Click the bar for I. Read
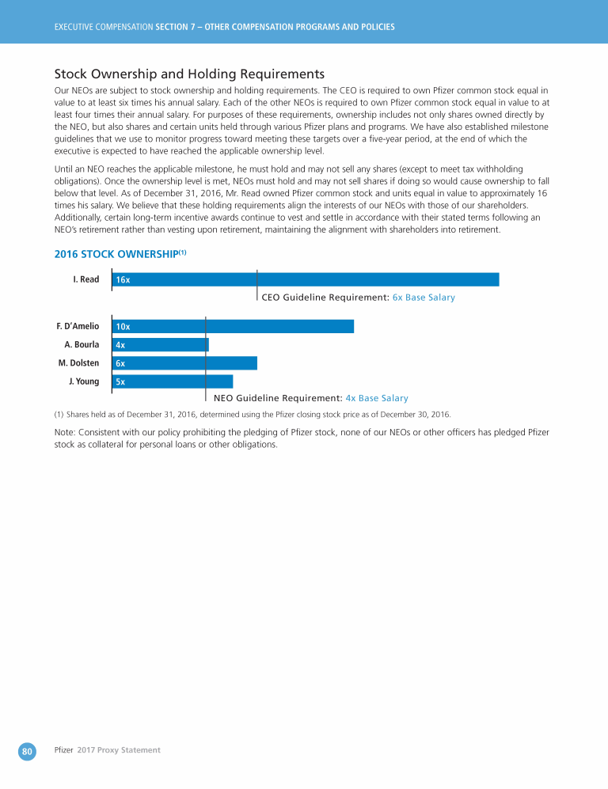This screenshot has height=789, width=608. (306, 279)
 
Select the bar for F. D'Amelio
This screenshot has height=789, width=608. (233, 326)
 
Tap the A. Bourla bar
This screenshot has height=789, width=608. (161, 344)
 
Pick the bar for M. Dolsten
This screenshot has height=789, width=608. (184, 363)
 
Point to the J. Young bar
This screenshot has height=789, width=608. (173, 381)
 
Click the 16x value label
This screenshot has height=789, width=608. (123, 280)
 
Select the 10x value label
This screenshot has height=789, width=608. (123, 327)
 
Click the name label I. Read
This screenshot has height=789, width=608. (85, 279)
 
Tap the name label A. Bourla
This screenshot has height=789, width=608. (82, 344)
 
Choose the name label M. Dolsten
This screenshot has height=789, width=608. (78, 363)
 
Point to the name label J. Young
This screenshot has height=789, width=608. (84, 381)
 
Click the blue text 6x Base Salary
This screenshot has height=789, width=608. (424, 298)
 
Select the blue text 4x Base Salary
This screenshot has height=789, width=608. (377, 398)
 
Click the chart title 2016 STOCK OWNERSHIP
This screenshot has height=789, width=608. (120, 255)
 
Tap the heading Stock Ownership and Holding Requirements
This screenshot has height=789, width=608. (189, 74)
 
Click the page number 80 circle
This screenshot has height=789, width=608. (27, 749)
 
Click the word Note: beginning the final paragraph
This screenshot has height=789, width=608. (67, 432)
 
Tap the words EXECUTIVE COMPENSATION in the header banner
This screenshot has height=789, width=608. (103, 27)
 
